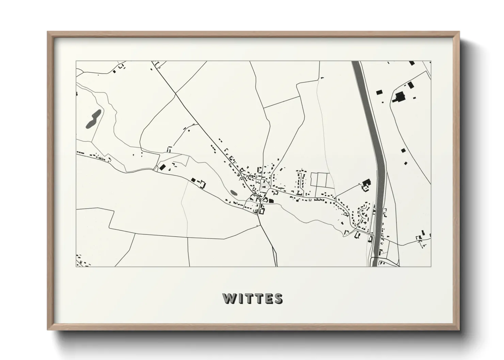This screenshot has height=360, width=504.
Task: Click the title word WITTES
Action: click(252, 299)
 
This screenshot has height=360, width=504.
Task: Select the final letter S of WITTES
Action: click(278, 299)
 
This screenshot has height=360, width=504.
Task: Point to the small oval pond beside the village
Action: click(234, 193)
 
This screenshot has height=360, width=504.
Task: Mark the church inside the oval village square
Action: click(264, 187)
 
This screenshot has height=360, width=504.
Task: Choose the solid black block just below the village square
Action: click(271, 201)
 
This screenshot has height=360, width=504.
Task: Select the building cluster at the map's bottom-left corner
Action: click(81, 261)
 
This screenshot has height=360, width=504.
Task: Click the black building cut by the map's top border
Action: click(412, 63)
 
